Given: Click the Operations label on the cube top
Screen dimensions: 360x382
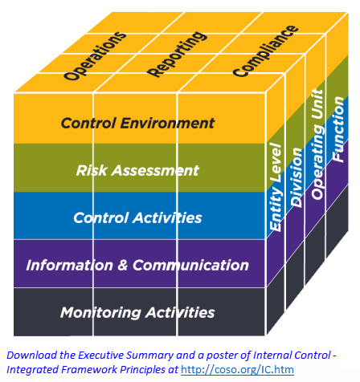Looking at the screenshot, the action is [95, 56].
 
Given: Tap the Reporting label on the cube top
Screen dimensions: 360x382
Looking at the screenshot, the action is [178, 55].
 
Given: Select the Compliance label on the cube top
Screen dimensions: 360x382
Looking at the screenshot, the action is [265, 51].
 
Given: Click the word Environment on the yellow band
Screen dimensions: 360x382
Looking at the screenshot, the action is [167, 124].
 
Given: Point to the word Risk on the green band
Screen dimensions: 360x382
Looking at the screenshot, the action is [92, 170].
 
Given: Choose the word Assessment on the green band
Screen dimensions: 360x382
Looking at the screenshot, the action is [155, 171].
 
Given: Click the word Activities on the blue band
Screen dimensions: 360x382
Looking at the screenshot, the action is [168, 217].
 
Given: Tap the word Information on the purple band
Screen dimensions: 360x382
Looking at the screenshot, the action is [70, 266].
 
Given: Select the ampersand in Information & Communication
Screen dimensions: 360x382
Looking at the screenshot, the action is [123, 266].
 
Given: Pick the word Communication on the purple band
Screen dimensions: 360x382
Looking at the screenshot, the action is [190, 266].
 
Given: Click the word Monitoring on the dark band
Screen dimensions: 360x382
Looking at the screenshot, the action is [100, 313].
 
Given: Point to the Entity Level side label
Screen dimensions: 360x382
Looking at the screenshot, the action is [276, 187].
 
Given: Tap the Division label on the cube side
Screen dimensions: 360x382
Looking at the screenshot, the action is [297, 177].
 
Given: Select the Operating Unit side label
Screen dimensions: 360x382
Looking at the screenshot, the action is [317, 144].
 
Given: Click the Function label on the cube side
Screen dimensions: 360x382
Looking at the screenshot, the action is [337, 129].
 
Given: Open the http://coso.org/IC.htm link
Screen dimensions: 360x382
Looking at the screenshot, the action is [237, 369].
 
